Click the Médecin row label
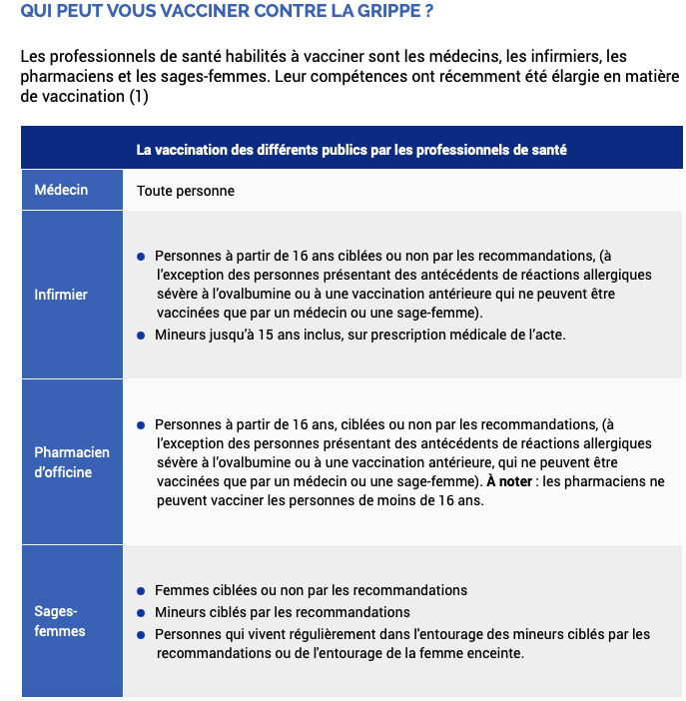coord(61,190)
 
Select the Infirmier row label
coord(61,295)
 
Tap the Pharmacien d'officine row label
coord(72,462)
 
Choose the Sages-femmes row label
coord(60,620)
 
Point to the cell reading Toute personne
coord(186,190)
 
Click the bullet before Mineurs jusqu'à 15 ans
coord(143,334)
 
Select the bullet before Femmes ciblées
coord(143,591)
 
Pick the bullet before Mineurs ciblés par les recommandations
coord(143,612)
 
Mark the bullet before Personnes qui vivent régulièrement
coord(143,634)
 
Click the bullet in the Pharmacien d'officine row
coord(143,423)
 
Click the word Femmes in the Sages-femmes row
coord(178,590)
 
